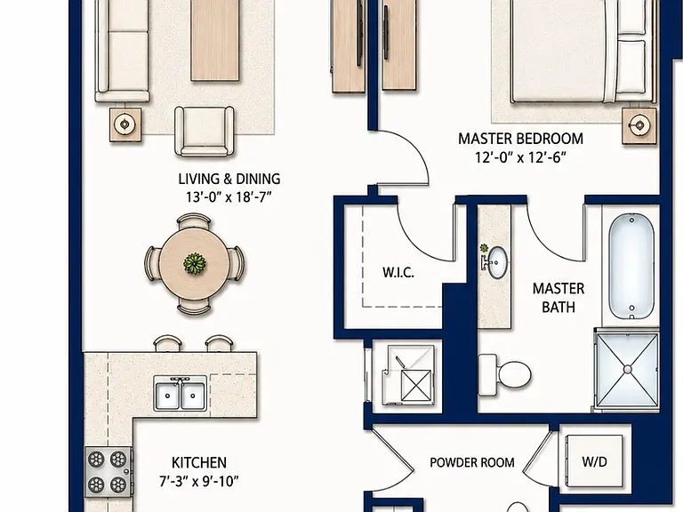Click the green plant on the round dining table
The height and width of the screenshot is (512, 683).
[194, 264]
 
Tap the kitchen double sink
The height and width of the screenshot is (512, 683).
[181, 394]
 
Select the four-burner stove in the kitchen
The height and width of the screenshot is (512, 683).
[108, 471]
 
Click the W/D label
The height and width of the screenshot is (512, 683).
[595, 461]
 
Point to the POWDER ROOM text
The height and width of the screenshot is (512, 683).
[471, 462]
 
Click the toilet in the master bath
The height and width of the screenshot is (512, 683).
[505, 375]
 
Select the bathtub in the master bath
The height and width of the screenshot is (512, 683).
[631, 267]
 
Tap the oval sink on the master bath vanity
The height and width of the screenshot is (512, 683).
[496, 262]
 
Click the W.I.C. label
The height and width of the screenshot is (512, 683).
[398, 273]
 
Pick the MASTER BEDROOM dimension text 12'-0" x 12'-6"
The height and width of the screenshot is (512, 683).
[520, 157]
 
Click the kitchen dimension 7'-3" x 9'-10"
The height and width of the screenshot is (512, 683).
[199, 482]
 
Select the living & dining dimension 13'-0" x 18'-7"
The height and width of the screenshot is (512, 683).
[229, 197]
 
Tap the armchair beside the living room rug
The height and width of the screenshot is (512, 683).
[205, 131]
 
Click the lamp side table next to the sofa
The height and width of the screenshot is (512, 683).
[125, 124]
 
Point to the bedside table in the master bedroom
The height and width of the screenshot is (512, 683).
[639, 125]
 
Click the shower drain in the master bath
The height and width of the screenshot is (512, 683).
[627, 370]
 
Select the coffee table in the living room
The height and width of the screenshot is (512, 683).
[214, 40]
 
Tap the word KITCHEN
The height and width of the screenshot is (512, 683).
[199, 462]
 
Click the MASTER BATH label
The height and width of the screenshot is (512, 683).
[558, 298]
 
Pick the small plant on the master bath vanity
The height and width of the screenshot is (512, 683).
[484, 248]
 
